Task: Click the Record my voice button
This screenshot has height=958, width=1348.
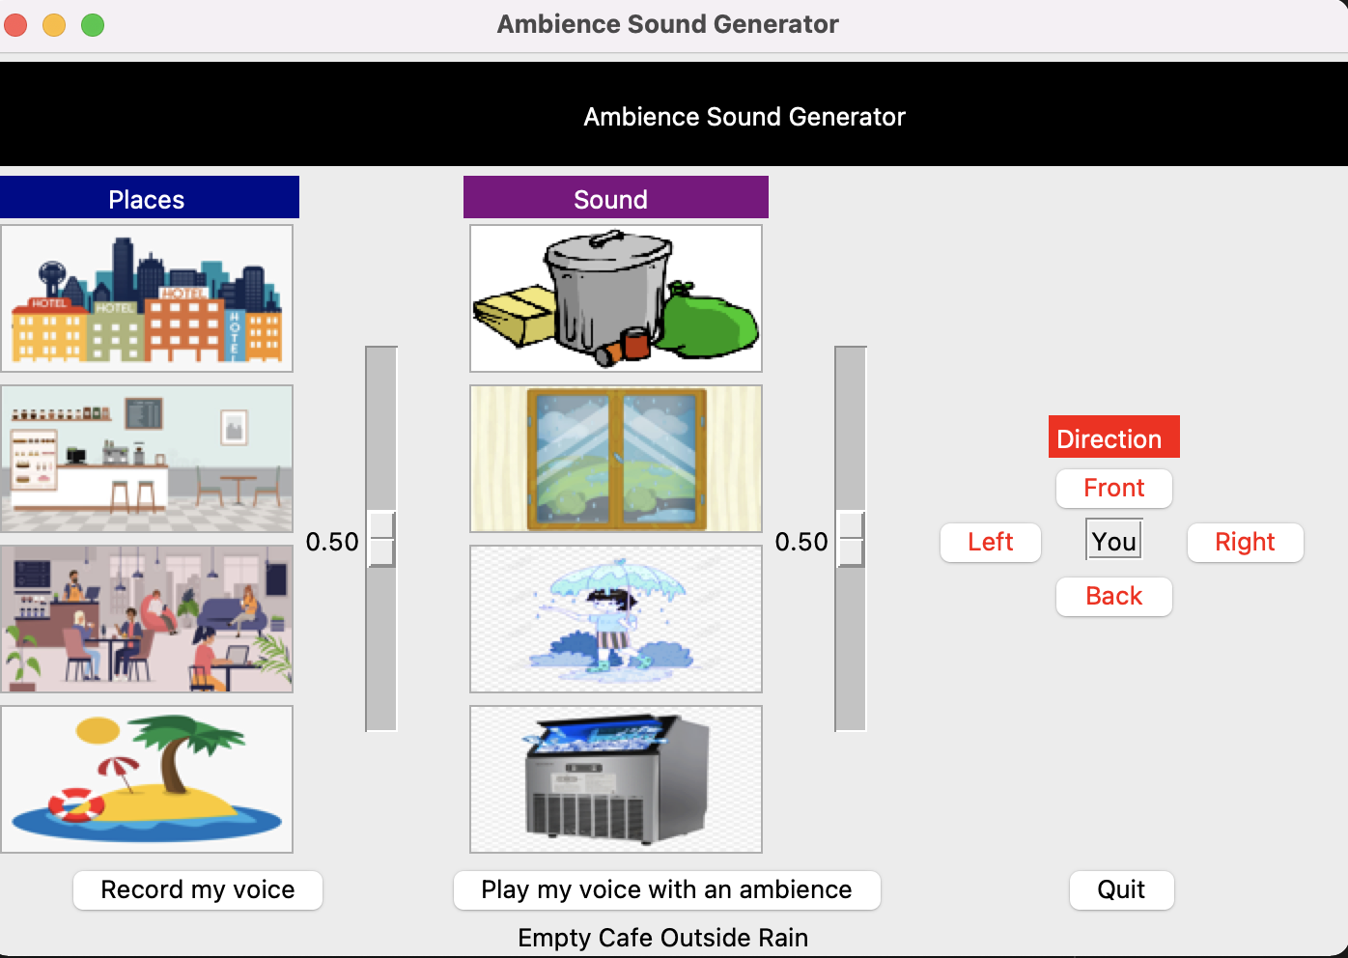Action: (x=198, y=889)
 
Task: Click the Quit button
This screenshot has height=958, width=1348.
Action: (x=1121, y=889)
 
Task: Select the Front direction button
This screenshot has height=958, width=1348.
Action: (x=1113, y=488)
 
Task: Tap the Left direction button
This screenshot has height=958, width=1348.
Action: (x=990, y=542)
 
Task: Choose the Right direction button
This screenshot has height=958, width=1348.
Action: (x=1245, y=542)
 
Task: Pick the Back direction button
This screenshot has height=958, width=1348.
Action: (x=1113, y=596)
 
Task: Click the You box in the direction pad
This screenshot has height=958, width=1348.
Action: (x=1114, y=541)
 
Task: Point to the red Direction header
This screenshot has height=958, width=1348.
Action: (x=1113, y=437)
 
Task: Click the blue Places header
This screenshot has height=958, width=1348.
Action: (x=149, y=198)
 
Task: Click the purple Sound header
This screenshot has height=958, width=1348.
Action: (x=615, y=198)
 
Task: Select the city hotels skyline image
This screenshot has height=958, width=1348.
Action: (x=147, y=298)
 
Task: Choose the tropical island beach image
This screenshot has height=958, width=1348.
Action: (x=147, y=779)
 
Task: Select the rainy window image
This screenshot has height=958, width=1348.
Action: (x=616, y=459)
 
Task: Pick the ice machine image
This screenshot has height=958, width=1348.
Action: (x=616, y=779)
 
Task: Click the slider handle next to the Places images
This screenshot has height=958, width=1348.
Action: (x=381, y=539)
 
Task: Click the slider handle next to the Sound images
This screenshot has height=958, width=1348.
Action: (x=851, y=539)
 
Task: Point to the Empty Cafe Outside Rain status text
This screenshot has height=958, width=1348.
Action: (x=662, y=938)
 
